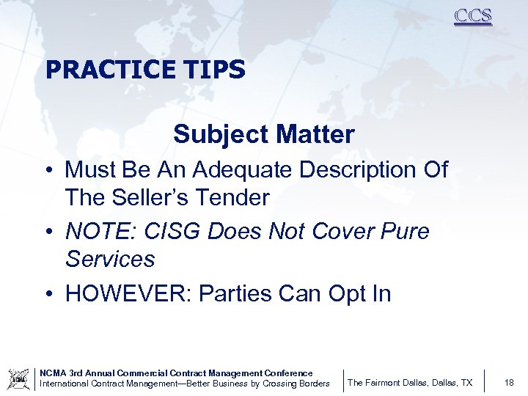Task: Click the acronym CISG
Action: click(x=167, y=232)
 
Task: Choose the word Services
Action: click(x=110, y=260)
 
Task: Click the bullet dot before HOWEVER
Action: click(x=48, y=294)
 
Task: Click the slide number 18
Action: click(x=510, y=383)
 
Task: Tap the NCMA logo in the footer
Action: click(x=18, y=379)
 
